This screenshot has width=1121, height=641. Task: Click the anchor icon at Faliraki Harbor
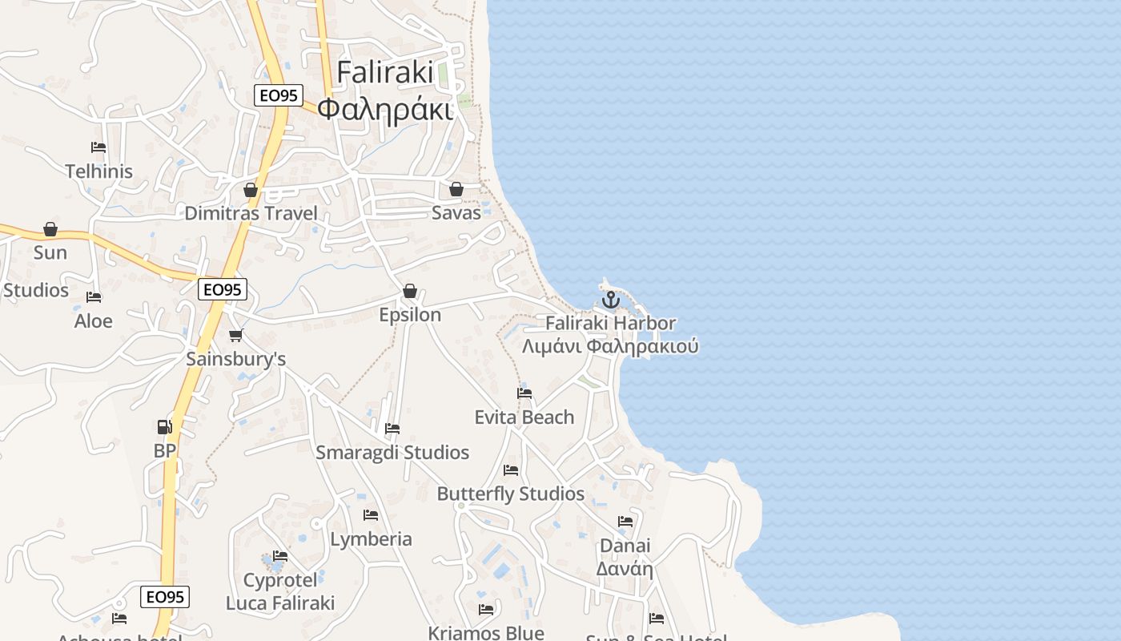point(611,300)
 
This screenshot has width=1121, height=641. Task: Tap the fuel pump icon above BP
point(164,426)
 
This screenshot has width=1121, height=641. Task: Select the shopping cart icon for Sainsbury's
point(235,335)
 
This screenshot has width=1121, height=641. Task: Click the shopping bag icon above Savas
point(456,189)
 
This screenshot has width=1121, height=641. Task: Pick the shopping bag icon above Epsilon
point(410,290)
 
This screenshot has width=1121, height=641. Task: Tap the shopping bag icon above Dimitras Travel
point(251,190)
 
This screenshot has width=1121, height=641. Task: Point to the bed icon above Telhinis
point(98,147)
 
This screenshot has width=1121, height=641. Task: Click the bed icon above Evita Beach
point(524,393)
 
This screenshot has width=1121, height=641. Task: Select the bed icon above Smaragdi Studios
point(392,429)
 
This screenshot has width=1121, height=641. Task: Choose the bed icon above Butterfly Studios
point(511,470)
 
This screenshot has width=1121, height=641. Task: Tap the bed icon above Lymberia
point(371,514)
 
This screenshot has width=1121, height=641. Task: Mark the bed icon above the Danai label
point(625,522)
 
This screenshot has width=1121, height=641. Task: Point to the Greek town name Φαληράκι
point(384,108)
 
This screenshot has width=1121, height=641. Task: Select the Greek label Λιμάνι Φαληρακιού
point(610,347)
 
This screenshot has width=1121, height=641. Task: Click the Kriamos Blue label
point(486,633)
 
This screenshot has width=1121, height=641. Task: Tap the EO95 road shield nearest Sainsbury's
point(223,289)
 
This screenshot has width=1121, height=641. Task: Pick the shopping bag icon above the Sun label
point(50,229)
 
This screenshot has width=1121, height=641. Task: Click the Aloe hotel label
point(94,321)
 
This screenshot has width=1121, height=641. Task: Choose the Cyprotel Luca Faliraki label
point(280,591)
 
